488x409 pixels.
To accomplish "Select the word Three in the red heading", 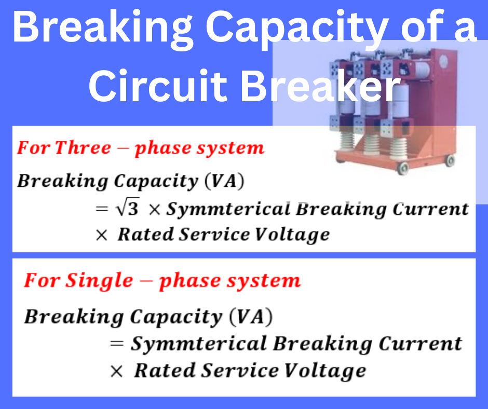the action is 83,147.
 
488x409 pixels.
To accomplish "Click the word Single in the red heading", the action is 100,281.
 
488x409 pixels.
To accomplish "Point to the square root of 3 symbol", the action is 128,207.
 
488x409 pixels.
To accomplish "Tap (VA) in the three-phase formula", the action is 224,181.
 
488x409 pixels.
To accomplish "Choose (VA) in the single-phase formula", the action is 251,317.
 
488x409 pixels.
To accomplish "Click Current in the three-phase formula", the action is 431,209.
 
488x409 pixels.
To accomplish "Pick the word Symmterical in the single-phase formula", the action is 199,344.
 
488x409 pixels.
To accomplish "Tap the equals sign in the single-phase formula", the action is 117,344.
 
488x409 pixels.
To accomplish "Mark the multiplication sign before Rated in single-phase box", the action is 116,371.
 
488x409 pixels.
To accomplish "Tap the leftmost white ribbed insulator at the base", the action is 347,145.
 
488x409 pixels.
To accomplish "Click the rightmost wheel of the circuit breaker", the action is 450,161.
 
